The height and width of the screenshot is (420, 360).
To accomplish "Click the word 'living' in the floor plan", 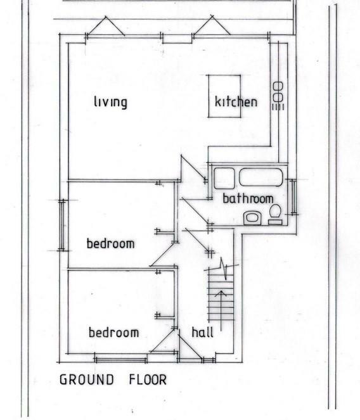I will click(110, 101).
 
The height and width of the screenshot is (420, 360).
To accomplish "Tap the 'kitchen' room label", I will click(236, 101).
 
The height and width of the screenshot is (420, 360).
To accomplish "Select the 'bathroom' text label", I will click(247, 198).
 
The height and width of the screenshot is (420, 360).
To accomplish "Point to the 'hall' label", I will click(202, 332).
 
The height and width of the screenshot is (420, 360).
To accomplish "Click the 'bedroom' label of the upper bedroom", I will click(110, 243).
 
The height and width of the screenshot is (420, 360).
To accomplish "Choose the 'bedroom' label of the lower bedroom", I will click(113, 332).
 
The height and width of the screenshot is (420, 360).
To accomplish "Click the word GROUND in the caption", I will click(87, 380).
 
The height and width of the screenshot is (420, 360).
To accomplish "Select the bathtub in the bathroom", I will click(262, 177).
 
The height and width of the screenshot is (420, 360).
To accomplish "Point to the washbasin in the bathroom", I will click(252, 217).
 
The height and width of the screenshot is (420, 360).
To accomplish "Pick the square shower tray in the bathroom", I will click(225, 178).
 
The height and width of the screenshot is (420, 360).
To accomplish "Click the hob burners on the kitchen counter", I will click(278, 92).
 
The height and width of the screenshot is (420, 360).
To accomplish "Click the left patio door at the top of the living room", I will click(105, 29).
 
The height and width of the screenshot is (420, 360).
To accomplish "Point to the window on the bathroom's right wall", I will click(292, 197).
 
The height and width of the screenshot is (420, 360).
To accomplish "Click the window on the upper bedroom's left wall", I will click(63, 225).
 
